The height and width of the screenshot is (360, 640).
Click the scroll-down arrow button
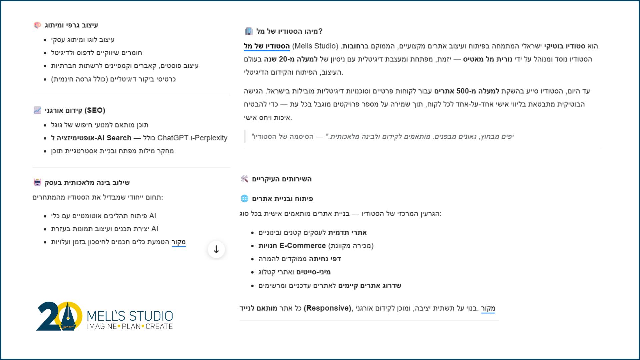tap(216, 249)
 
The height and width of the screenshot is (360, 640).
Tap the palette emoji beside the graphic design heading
tap(37, 25)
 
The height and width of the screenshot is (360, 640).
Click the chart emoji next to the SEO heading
tap(37, 110)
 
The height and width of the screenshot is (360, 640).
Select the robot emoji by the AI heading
tap(37, 182)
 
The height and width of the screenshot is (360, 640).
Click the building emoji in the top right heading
tap(249, 31)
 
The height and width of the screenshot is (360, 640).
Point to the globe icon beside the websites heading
tap(244, 199)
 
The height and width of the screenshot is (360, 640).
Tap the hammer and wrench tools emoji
tap(244, 179)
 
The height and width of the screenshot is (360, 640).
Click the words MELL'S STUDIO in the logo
tap(130, 315)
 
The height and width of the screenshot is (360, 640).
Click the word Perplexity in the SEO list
tap(211, 138)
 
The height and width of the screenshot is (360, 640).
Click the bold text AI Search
tap(114, 138)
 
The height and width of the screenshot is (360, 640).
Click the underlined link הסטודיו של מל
tap(267, 46)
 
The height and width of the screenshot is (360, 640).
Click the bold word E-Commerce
tap(302, 246)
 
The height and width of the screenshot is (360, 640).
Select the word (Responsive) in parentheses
tap(327, 308)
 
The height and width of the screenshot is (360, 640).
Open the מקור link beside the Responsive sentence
tap(488, 308)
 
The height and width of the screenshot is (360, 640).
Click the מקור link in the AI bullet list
tap(179, 242)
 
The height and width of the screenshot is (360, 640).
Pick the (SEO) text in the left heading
tap(95, 110)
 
